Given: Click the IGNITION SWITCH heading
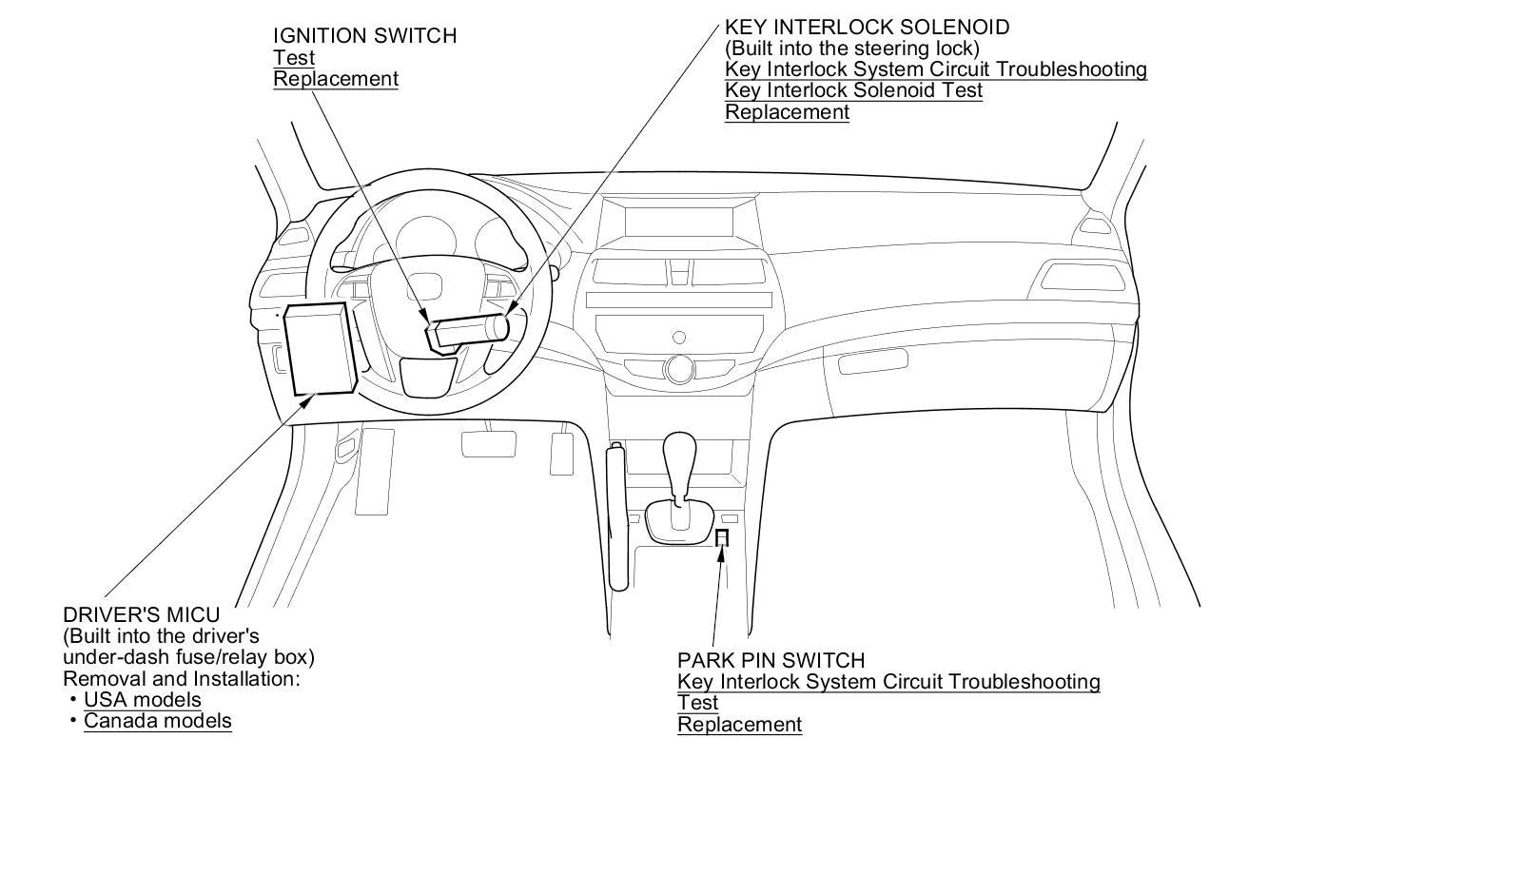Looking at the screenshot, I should tap(364, 36).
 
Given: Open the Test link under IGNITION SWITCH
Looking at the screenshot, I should tap(294, 58).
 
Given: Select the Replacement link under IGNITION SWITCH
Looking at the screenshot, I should tap(336, 79).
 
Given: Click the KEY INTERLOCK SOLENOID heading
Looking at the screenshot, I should tap(867, 28).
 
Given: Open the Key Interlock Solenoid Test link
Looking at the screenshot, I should tap(853, 90).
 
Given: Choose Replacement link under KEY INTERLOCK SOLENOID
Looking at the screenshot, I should tap(787, 112).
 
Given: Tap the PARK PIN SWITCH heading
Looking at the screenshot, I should tap(771, 660).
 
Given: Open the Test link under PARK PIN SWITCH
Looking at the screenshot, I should tap(697, 703).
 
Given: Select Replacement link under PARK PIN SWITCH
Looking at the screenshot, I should tap(739, 725).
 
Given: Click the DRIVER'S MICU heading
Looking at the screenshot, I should tap(141, 615).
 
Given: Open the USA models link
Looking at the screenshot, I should tap(143, 700).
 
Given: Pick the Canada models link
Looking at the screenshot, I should tap(158, 721).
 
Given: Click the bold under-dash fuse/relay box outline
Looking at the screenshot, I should tap(321, 348).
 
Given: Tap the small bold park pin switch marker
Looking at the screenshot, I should tap(722, 539).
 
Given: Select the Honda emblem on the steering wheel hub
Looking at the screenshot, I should tap(431, 287).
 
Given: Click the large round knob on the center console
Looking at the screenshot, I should tap(679, 368).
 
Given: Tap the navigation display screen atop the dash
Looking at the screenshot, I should tap(679, 222).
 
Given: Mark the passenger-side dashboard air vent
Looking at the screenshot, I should tap(1082, 277).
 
